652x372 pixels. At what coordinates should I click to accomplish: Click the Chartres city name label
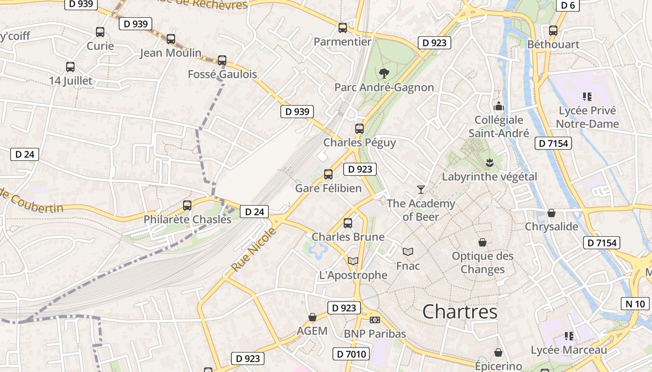tap(460, 312)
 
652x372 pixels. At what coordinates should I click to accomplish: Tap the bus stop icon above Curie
tap(100, 32)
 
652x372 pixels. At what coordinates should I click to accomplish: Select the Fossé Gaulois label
tap(222, 74)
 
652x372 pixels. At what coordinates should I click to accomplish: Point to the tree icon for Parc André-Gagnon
tap(384, 73)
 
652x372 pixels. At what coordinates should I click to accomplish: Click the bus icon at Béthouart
tap(553, 31)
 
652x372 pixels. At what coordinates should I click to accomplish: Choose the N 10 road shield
tap(635, 304)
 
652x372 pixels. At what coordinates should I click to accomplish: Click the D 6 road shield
tap(568, 5)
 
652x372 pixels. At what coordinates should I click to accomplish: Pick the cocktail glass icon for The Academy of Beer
tap(421, 189)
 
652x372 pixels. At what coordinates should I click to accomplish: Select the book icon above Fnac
tap(408, 252)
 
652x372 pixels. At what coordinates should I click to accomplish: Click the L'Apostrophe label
tap(353, 275)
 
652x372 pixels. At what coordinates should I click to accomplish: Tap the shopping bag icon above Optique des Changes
tap(482, 242)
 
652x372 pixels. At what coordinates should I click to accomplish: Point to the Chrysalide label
tap(551, 226)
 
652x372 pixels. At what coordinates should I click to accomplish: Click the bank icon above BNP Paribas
tap(375, 319)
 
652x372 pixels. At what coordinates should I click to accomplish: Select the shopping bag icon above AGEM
tap(312, 317)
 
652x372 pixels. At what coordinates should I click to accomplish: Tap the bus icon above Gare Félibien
tap(328, 174)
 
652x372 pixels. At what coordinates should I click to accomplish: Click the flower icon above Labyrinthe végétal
tap(489, 163)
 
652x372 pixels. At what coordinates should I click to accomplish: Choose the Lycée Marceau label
tap(569, 350)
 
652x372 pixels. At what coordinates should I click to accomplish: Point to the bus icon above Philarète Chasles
tap(187, 205)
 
